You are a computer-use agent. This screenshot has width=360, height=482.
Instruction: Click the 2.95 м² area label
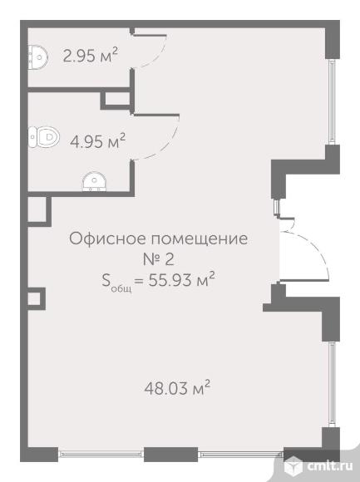pos(91,56)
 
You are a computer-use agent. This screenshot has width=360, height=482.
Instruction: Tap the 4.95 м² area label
pos(98,141)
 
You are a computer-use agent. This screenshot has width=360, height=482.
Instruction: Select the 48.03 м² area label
pos(177,388)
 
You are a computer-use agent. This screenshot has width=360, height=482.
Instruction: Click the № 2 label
pos(158,259)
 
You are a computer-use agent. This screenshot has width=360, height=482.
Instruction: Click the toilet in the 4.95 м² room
pos(44,137)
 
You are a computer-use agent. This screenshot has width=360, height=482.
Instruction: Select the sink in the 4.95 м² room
pos(95,182)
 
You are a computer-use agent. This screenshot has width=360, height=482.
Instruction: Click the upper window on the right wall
pos(332,101)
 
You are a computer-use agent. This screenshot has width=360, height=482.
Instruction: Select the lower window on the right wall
pos(332,384)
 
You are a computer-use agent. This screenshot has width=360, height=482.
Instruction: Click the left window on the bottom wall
pos(101,454)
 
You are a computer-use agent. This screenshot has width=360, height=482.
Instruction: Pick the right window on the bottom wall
pos(240,454)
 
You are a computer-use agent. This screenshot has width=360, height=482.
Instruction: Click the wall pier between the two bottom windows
pos(171,455)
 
